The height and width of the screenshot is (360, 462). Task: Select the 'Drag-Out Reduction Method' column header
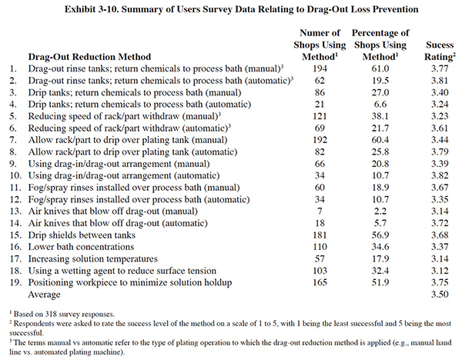pyautogui.click(x=89, y=56)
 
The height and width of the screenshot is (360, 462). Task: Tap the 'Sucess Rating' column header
pyautogui.click(x=440, y=51)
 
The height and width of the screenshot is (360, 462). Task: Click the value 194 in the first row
pyautogui.click(x=320, y=68)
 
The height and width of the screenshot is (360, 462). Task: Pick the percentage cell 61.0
pyautogui.click(x=380, y=68)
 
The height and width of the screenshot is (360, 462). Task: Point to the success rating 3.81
pyautogui.click(x=440, y=81)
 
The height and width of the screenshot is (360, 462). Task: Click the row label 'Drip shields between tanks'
pyautogui.click(x=82, y=235)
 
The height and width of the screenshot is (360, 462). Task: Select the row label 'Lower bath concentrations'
pyautogui.click(x=81, y=247)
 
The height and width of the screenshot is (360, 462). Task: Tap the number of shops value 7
pyautogui.click(x=320, y=211)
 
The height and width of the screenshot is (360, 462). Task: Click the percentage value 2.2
pyautogui.click(x=380, y=211)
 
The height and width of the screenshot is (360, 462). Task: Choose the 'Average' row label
pyautogui.click(x=44, y=295)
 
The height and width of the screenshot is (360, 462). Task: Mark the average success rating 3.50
pyautogui.click(x=440, y=295)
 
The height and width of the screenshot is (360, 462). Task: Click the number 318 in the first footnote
pyautogui.click(x=51, y=314)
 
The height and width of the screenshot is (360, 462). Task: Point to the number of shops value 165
pyautogui.click(x=320, y=282)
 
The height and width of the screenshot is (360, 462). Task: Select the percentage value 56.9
pyautogui.click(x=380, y=235)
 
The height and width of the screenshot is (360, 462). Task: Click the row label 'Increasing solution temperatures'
pyautogui.click(x=93, y=258)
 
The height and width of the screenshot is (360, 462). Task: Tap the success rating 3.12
pyautogui.click(x=440, y=271)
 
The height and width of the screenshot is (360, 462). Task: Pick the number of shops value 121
pyautogui.click(x=320, y=116)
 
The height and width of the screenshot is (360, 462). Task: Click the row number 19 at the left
pyautogui.click(x=15, y=282)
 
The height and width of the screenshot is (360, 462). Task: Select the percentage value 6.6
pyautogui.click(x=380, y=104)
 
